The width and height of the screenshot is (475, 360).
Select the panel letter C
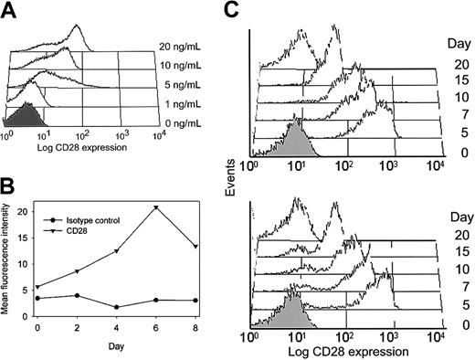pos(235,10)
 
